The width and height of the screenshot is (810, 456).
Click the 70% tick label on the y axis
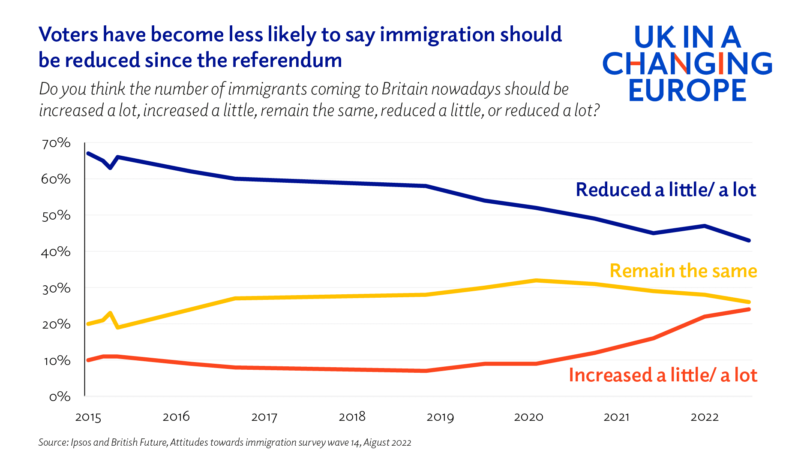[56, 143]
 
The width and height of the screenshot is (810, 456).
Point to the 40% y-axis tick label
[56, 252]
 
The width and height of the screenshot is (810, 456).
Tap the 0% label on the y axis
[60, 397]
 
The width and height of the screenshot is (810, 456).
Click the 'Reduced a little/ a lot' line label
[666, 190]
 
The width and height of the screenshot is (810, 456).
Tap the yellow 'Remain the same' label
[683, 271]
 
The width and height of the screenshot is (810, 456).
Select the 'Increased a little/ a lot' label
[663, 375]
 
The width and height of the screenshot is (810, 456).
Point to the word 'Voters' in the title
[69, 35]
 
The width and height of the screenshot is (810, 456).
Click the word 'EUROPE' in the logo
[687, 91]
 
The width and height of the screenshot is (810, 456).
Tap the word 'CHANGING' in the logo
[687, 64]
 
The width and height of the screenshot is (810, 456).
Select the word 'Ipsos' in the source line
[81, 443]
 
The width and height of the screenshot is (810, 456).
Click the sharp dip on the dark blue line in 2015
[110, 168]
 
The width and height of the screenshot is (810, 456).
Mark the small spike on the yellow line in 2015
[110, 313]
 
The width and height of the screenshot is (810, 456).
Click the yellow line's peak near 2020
[536, 281]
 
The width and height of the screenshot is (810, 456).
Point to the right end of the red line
[748, 309]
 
